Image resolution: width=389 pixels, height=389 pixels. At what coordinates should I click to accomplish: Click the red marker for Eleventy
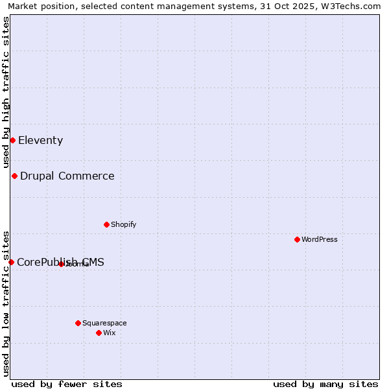point(12,140)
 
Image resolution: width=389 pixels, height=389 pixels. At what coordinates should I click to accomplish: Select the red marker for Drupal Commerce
point(14,176)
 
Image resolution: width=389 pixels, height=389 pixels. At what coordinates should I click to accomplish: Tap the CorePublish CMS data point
point(11,262)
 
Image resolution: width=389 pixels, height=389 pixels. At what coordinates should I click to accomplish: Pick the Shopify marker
point(106,224)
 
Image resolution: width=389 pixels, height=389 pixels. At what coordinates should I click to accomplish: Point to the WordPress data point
point(297,239)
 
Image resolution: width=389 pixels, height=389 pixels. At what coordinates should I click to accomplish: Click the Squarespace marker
point(78,323)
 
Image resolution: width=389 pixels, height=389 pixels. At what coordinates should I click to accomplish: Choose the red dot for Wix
point(99,333)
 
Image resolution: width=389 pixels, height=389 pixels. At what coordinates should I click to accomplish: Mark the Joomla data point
point(61,264)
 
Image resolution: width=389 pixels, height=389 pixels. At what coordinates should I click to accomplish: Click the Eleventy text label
point(40,140)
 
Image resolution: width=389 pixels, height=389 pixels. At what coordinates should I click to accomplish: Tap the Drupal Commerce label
point(67,176)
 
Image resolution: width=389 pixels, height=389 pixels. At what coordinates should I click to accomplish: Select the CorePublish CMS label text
point(60,262)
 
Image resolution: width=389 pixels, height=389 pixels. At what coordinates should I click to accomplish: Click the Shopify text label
point(123,224)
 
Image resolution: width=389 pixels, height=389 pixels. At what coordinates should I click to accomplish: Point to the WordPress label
point(319,239)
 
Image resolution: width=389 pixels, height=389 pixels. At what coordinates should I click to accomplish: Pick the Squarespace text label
point(104,323)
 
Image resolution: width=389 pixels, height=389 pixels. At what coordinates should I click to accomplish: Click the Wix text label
point(109,333)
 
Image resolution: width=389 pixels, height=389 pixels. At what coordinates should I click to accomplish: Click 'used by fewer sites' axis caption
point(67,384)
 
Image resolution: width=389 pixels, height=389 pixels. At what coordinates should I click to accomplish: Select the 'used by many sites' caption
point(325,384)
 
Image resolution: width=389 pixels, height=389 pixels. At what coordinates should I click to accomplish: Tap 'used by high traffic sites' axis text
point(6,92)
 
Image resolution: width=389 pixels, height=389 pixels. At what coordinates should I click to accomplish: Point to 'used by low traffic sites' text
point(6,303)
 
